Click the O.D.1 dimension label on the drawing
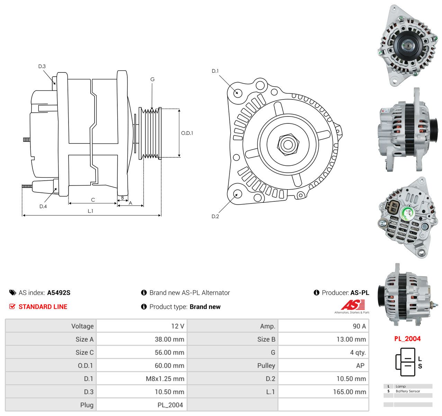click(187, 133)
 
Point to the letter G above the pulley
click(152, 79)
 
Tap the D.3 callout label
click(42, 66)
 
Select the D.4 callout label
click(43, 206)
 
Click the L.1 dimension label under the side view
click(90, 211)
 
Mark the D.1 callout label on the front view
click(215, 71)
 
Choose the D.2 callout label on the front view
click(215, 216)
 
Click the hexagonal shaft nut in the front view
click(288, 145)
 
